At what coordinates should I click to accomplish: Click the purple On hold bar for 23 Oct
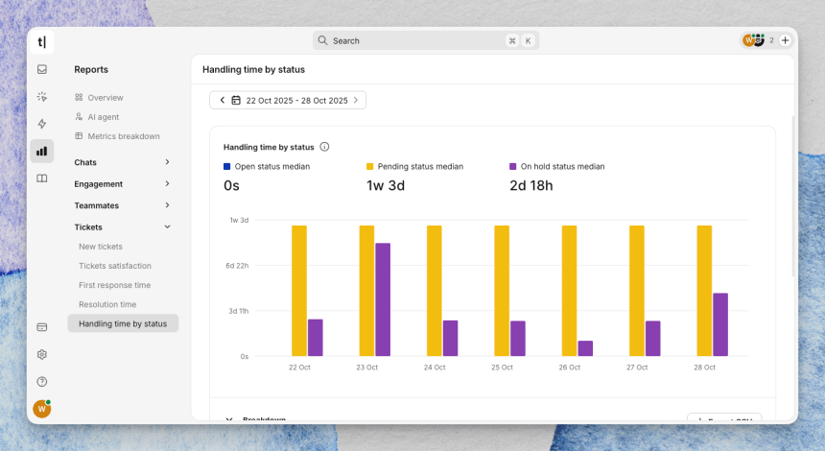pos(383,299)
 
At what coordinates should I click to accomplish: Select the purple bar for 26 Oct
pos(585,348)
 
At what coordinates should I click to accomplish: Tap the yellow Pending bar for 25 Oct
pos(502,291)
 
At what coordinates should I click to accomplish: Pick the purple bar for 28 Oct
pos(720,324)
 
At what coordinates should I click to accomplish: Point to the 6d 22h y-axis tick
pos(238,266)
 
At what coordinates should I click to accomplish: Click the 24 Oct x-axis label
pos(435,368)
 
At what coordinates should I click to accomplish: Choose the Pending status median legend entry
pos(420,166)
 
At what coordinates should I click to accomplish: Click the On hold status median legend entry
pos(562,166)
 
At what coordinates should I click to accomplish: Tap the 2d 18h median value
pos(531,185)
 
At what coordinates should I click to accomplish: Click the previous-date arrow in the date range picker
pos(223,100)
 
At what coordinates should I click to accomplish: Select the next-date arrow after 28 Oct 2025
pos(356,100)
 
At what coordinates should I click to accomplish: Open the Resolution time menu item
pos(107,304)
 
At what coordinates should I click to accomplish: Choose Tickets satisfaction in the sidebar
pos(115,266)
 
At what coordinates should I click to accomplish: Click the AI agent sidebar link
pos(104,117)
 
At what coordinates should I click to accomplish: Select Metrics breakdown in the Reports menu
pos(124,136)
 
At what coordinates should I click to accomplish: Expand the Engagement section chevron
pos(168,184)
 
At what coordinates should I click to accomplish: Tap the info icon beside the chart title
pos(324,147)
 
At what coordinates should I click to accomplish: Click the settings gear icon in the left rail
pos(42,354)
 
